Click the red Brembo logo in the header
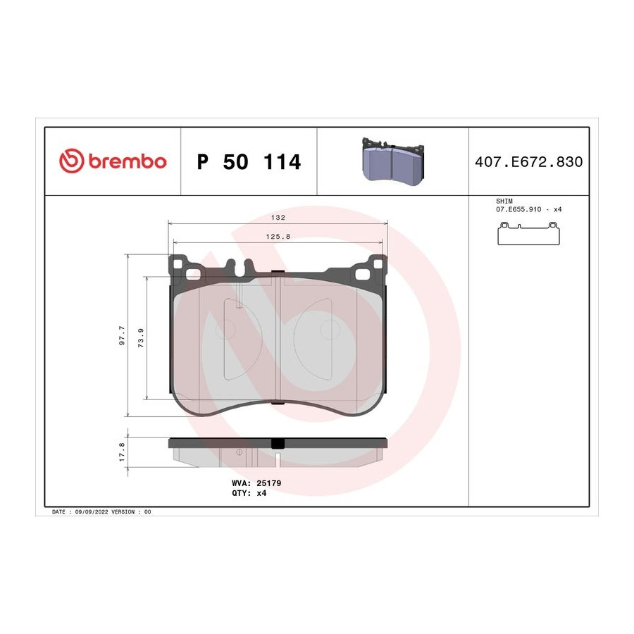click(x=113, y=161)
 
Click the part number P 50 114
click(x=249, y=162)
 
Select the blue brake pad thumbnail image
click(x=393, y=161)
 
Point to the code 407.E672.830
click(x=529, y=162)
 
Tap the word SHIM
click(x=504, y=201)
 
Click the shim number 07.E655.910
click(x=518, y=209)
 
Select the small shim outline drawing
click(x=528, y=233)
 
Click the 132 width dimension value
click(x=278, y=218)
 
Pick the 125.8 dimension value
click(x=278, y=237)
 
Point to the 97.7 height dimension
click(x=122, y=335)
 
